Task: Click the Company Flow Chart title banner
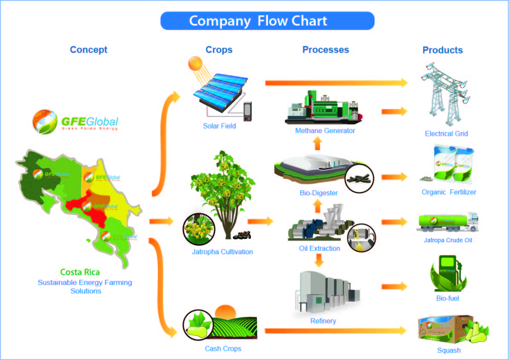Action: click(x=267, y=21)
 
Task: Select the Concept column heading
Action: click(x=88, y=49)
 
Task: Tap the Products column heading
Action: click(x=442, y=50)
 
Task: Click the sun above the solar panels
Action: click(x=195, y=64)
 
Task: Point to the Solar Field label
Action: click(x=219, y=126)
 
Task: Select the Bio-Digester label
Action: click(x=318, y=193)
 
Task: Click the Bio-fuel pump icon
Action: click(x=447, y=273)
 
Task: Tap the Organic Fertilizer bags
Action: click(x=452, y=164)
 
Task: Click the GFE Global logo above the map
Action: click(x=76, y=121)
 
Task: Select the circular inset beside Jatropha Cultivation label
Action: click(x=198, y=229)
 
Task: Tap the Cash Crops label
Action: click(x=223, y=348)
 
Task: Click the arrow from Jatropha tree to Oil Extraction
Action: click(x=260, y=221)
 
